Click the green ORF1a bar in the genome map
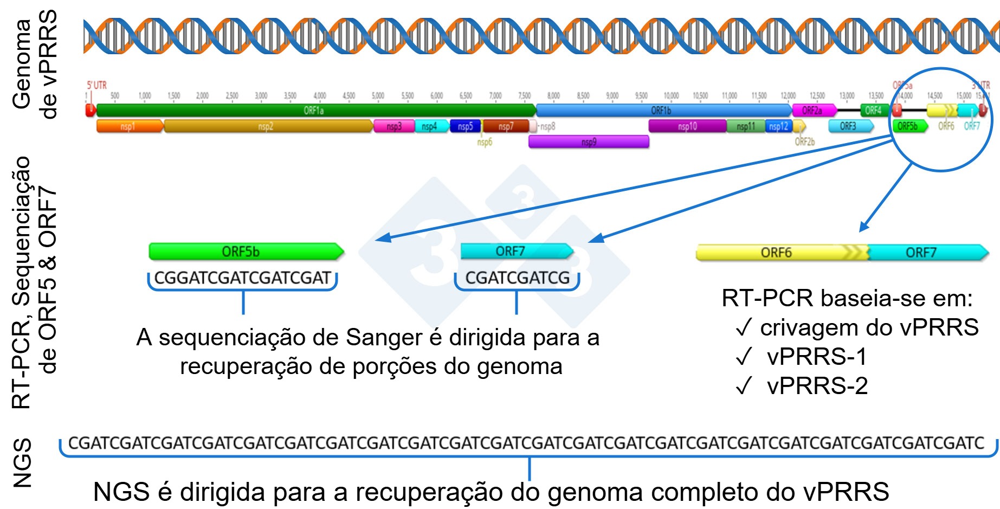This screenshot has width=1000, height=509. pyautogui.click(x=314, y=111)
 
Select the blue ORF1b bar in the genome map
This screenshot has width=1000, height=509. pyautogui.click(x=661, y=111)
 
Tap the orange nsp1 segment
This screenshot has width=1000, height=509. pyautogui.click(x=128, y=126)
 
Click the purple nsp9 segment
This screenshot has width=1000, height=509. pyautogui.click(x=589, y=142)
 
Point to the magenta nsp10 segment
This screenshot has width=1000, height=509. pyautogui.click(x=687, y=126)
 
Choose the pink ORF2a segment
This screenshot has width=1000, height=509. pyautogui.click(x=812, y=111)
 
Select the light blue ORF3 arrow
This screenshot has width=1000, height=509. pyautogui.click(x=849, y=126)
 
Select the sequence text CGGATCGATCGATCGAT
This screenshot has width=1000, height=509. pyautogui.click(x=242, y=278)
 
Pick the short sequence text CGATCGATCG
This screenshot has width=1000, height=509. pyautogui.click(x=518, y=278)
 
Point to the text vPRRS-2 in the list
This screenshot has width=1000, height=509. pyautogui.click(x=817, y=386)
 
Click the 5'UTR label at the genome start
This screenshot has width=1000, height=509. pyautogui.click(x=96, y=86)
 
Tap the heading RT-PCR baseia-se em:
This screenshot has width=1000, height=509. pyautogui.click(x=847, y=299)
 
